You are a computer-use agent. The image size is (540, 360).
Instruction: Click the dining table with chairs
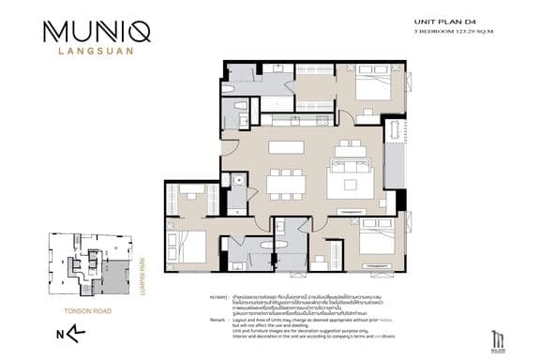(285, 182)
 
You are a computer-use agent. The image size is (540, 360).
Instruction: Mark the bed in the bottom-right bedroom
(377, 240)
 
